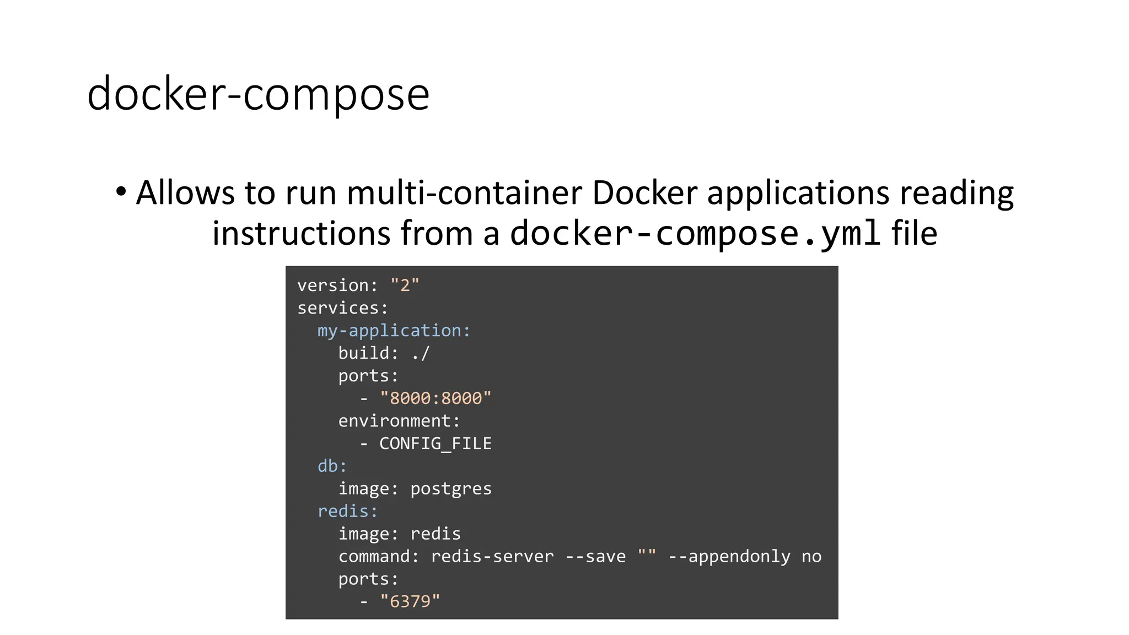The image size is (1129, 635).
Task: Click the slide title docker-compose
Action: point(258,94)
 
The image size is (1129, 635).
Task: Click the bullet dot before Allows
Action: point(121,192)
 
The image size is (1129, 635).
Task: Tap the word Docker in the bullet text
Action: point(644,193)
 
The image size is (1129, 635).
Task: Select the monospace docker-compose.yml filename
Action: point(695,233)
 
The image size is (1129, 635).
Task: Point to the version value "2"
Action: point(405,286)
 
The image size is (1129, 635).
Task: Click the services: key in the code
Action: point(342,308)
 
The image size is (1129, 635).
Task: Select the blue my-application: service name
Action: point(394,331)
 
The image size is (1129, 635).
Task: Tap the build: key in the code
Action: point(368,353)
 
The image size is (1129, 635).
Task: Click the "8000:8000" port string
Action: point(436,399)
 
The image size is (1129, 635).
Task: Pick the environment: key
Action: point(399,421)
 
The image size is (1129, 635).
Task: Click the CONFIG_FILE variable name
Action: point(435,444)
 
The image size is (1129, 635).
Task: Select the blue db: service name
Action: point(332,466)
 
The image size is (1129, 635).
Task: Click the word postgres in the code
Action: point(450,489)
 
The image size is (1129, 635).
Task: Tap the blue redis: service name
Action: point(347,512)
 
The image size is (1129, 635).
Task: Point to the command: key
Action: point(378,557)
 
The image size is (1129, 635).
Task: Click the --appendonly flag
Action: point(729,557)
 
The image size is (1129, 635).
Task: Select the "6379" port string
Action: point(410,601)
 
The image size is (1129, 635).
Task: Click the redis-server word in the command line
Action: point(492,557)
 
